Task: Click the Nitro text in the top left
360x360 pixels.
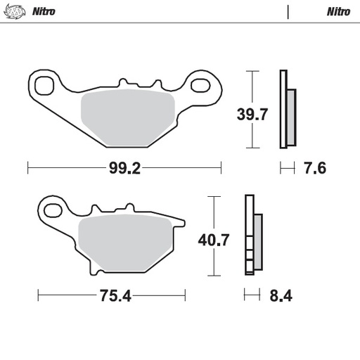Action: point(44,12)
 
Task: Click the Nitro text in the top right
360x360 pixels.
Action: point(338,12)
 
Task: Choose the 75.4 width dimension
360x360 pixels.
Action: point(115,295)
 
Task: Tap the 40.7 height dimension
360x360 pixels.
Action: point(213,239)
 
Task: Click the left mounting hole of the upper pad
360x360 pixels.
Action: point(44,85)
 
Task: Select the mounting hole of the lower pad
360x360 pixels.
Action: point(51,209)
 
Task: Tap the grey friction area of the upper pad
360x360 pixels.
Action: point(128,116)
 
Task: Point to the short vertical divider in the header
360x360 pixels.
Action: point(288,12)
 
